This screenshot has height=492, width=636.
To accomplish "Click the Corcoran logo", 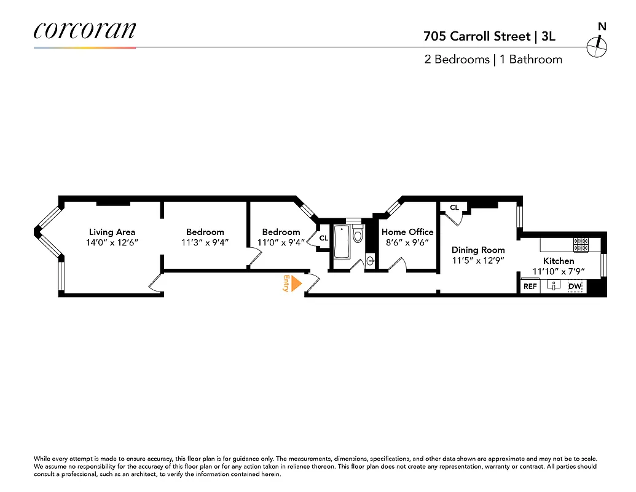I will (x=84, y=31).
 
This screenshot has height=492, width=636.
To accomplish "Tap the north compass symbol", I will (x=597, y=44).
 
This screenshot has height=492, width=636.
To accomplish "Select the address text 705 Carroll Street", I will (x=476, y=36).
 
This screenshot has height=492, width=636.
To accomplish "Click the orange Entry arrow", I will (x=296, y=284).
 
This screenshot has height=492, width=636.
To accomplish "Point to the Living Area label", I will (x=112, y=232).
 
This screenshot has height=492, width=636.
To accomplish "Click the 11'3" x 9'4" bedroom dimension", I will (x=205, y=242).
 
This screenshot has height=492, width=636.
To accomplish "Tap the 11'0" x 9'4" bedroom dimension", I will (x=281, y=242).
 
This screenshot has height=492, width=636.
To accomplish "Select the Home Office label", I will (x=407, y=232).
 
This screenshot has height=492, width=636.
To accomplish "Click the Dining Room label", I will (x=478, y=250).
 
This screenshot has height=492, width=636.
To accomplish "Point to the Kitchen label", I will (x=558, y=261).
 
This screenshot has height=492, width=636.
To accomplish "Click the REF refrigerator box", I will (x=530, y=287).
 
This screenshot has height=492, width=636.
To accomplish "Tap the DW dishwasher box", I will (x=575, y=287).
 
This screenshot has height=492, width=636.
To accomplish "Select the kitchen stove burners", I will (x=582, y=245).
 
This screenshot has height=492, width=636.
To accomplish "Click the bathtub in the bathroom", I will (x=341, y=243).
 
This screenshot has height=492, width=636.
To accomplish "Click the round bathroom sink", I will (x=370, y=261).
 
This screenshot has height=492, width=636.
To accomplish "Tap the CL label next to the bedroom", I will (x=323, y=238).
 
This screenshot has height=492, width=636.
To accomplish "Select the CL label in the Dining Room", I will (x=454, y=208).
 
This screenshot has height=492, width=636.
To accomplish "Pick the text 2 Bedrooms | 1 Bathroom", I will (x=493, y=60).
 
